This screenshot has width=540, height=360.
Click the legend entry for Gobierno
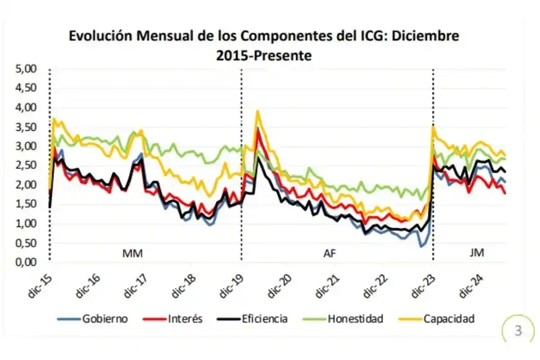click(104, 319)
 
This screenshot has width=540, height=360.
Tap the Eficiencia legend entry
click(264, 319)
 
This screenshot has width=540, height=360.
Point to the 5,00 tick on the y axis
click(27, 68)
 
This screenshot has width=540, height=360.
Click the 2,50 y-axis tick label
click(27, 165)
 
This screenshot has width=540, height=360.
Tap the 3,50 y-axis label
click(27, 127)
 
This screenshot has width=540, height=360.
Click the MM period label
click(132, 253)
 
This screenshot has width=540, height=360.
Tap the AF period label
click(330, 253)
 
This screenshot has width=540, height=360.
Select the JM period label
click(477, 253)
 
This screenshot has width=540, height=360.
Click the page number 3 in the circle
click(518, 331)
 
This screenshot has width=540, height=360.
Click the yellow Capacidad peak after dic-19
click(257, 112)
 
